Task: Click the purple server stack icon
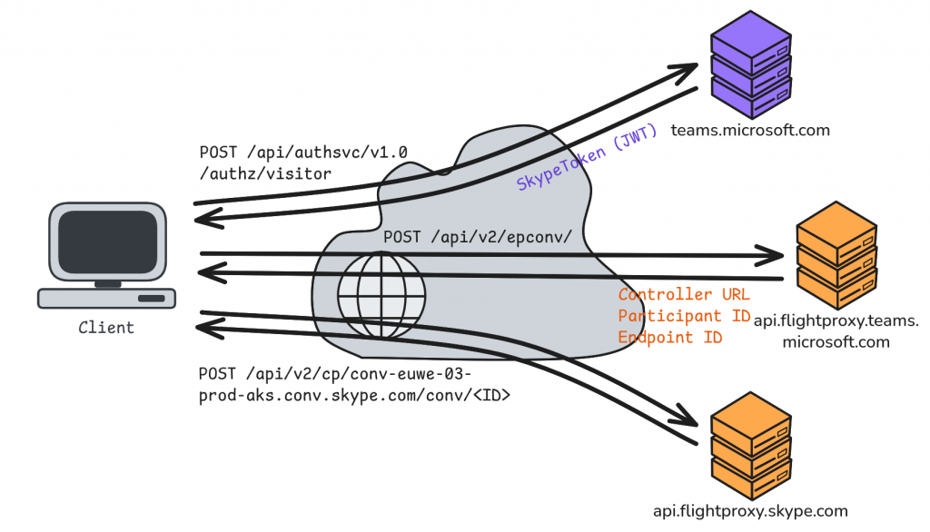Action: pos(750,62)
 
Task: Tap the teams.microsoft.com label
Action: pos(750,130)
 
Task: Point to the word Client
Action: pos(106,327)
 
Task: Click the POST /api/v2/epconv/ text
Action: pos(477,236)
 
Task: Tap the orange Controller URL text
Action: pos(684,295)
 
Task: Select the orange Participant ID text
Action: pos(684,316)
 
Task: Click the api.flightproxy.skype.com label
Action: pos(750,511)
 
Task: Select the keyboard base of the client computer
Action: pos(106,297)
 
